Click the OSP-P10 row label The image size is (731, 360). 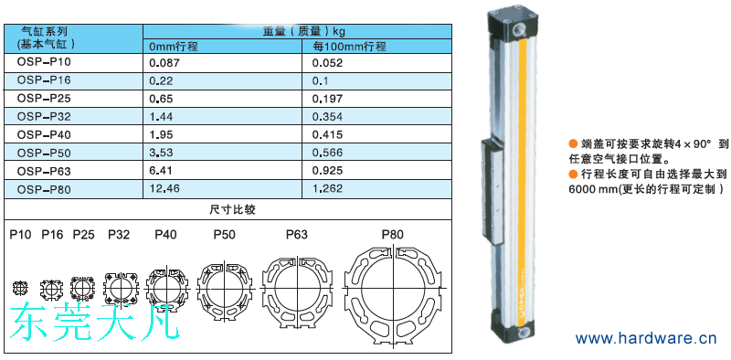click(x=44, y=62)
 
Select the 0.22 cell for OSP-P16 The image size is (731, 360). click(x=161, y=80)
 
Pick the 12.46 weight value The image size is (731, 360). click(x=164, y=188)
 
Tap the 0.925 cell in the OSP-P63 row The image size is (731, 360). click(x=327, y=171)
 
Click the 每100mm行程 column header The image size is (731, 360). click(x=349, y=47)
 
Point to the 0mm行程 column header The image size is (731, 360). click(x=174, y=47)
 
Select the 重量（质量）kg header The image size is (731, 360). click(x=297, y=32)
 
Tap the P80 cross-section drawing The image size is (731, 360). click(x=394, y=294)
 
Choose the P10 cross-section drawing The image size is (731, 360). click(x=20, y=287)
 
